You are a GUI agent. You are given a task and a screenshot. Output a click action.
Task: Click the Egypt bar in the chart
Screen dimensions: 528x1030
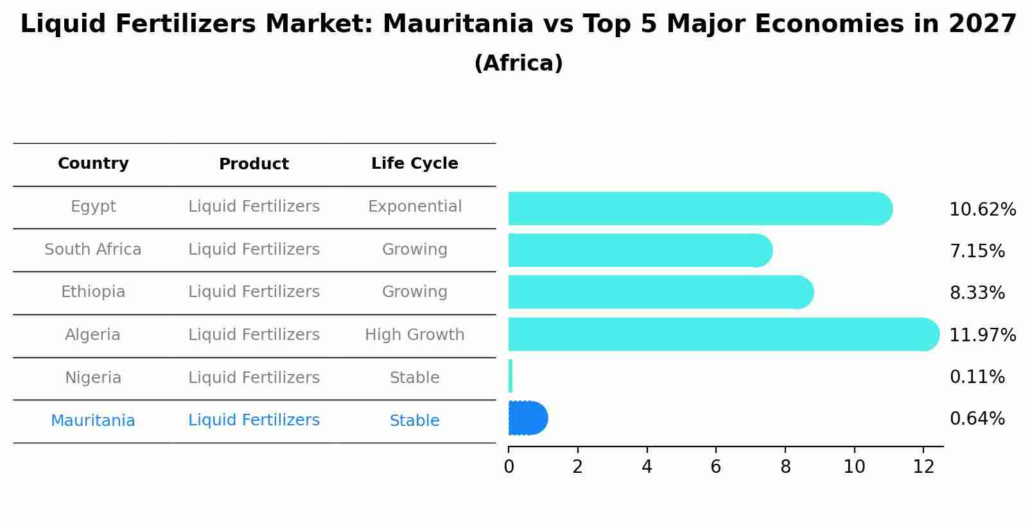(x=700, y=209)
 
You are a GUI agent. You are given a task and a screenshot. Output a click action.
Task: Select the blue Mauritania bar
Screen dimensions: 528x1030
(x=527, y=418)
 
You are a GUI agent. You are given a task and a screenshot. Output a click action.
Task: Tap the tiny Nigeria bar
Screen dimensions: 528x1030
(x=511, y=376)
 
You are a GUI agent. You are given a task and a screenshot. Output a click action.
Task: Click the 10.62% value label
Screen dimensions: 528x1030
(x=982, y=210)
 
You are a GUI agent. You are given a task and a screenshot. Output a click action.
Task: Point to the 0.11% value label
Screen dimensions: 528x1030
(x=977, y=377)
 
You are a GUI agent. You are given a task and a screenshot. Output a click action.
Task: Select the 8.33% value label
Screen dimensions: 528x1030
(x=977, y=293)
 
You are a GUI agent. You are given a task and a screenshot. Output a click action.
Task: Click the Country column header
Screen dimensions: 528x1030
(x=93, y=164)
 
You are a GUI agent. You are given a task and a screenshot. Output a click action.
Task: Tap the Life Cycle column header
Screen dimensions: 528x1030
(x=414, y=164)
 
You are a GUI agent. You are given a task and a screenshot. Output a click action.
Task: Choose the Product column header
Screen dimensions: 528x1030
(x=254, y=164)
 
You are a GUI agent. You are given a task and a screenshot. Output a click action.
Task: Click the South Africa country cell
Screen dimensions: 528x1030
(x=93, y=250)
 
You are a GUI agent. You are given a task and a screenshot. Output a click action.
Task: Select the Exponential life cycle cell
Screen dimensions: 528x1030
(x=414, y=207)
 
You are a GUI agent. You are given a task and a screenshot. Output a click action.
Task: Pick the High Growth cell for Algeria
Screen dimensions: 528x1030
(x=414, y=335)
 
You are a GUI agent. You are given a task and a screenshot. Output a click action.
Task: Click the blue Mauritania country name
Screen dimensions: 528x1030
(x=93, y=421)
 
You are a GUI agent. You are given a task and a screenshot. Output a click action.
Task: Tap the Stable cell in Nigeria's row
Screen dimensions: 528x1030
(x=414, y=378)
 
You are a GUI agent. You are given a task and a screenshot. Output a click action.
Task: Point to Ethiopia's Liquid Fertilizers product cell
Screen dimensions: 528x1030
(x=254, y=292)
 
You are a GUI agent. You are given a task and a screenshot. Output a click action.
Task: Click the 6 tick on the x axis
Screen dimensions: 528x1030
(x=715, y=467)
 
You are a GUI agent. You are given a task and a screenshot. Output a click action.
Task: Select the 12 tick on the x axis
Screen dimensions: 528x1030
(x=923, y=467)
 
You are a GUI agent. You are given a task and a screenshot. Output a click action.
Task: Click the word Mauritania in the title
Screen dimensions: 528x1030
(x=457, y=24)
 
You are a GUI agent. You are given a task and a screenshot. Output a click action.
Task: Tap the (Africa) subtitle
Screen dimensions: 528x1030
(x=518, y=64)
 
